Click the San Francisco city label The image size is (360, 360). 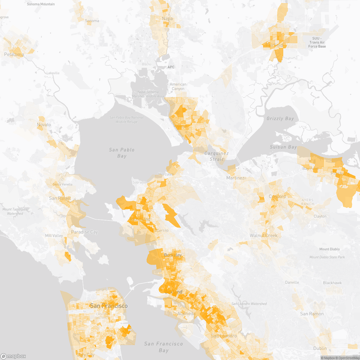click(109, 306)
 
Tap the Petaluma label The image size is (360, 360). click(14, 54)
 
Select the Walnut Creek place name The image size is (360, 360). click(263, 235)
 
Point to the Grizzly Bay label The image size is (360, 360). click(280, 118)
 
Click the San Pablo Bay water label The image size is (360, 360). click(122, 153)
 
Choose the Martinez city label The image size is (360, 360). click(235, 178)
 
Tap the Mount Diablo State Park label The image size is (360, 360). click(327, 257)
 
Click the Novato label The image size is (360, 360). click(44, 124)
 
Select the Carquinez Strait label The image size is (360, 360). click(216, 156)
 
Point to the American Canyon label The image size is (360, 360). click(178, 86)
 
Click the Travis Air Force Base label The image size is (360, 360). click(317, 43)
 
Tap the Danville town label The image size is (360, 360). click(292, 282)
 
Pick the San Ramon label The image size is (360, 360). click(312, 313)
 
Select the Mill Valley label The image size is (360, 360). click(54, 235)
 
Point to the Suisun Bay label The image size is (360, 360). click(283, 147)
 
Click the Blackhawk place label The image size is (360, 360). click(332, 283)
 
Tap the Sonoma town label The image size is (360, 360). click(92, 21)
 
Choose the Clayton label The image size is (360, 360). click(320, 216)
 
